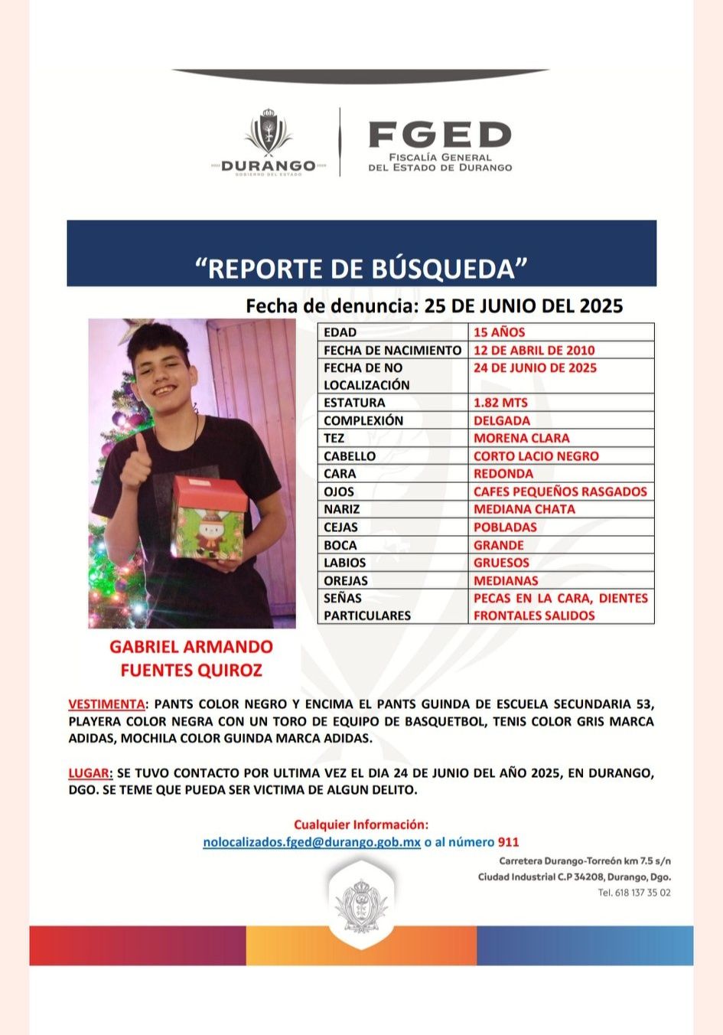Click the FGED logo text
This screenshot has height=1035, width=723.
coord(439,135)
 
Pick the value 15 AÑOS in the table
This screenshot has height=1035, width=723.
coord(499,332)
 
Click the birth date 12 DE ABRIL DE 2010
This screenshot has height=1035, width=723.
coord(533,350)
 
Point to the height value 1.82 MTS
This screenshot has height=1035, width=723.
coord(500,403)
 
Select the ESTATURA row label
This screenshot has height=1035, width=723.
coord(354,403)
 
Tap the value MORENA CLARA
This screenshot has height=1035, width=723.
coord(521,438)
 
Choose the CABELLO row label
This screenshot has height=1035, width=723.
coord(350,455)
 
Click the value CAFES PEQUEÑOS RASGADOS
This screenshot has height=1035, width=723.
coord(560,491)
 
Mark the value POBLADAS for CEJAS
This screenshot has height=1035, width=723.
coord(505,527)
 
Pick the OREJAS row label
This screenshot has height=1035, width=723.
coord(345,580)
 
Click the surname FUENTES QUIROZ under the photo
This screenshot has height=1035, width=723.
coord(191,670)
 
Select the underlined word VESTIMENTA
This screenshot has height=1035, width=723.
coord(106,704)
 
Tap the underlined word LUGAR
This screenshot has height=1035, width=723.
coord(90,772)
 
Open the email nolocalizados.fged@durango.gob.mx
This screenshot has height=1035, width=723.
coord(311,842)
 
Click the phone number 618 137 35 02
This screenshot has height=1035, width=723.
coord(643,893)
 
